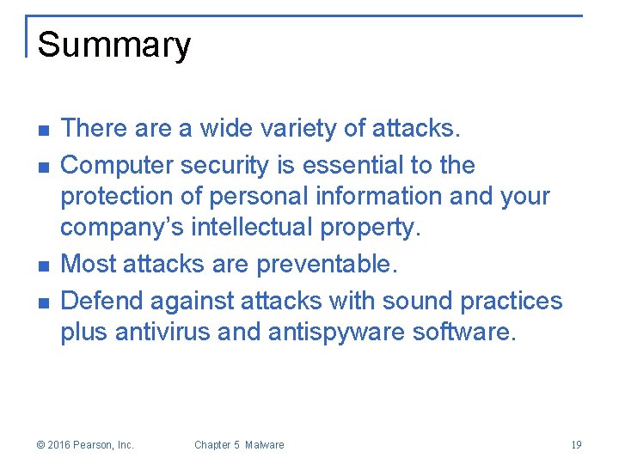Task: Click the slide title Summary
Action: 113,45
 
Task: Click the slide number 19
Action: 576,445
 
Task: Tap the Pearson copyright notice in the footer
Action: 85,445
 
